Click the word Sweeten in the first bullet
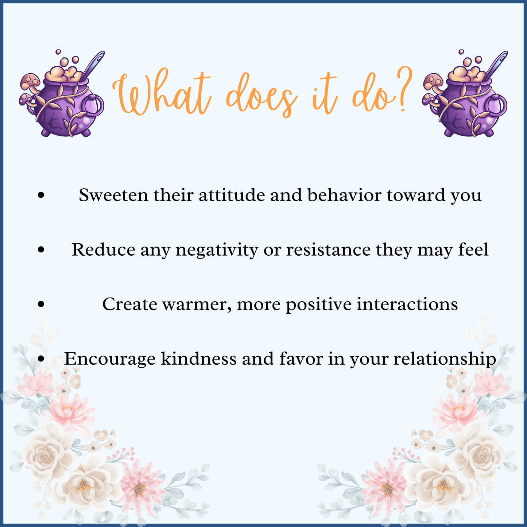pos(113,195)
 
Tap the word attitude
pos(232,195)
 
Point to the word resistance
pos(328,250)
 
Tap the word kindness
pos(198,359)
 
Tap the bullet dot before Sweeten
pos(41,195)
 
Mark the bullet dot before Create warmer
pos(41,304)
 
